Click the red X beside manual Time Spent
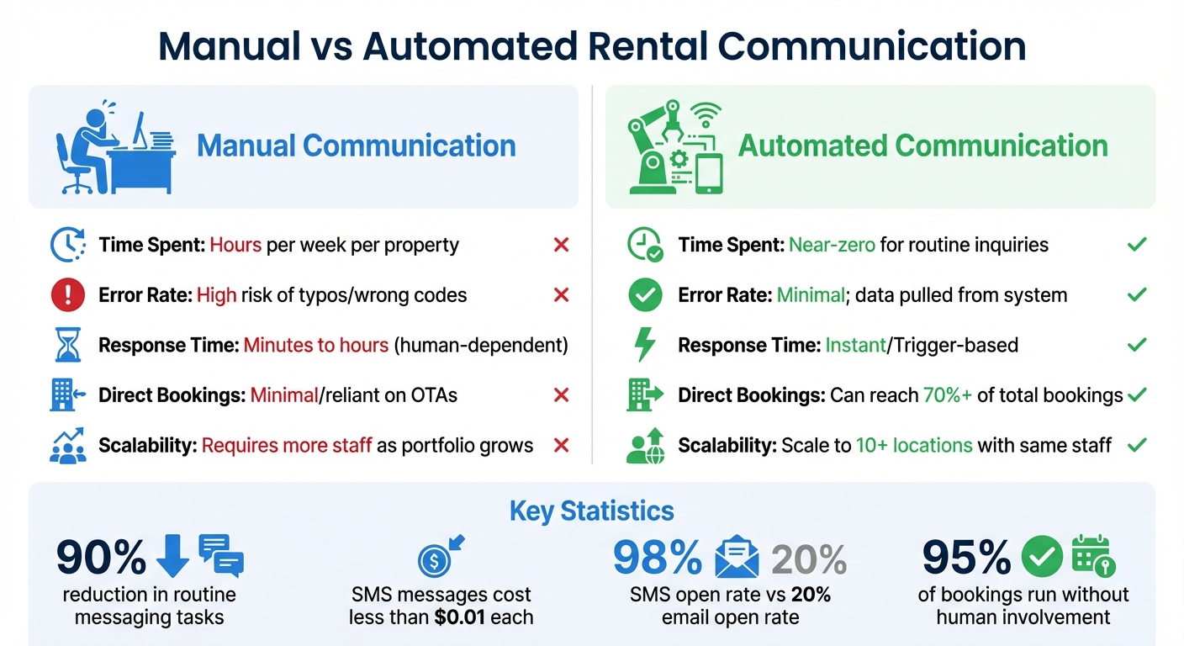[562, 245]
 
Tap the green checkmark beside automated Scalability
[1137, 445]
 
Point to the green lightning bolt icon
[644, 345]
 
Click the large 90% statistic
[102, 558]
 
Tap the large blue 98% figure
[658, 558]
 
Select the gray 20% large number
[808, 558]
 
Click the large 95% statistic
[967, 558]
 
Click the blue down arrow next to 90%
[173, 557]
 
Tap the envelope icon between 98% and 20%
[737, 558]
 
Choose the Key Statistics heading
[591, 511]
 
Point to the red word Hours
[235, 246]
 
